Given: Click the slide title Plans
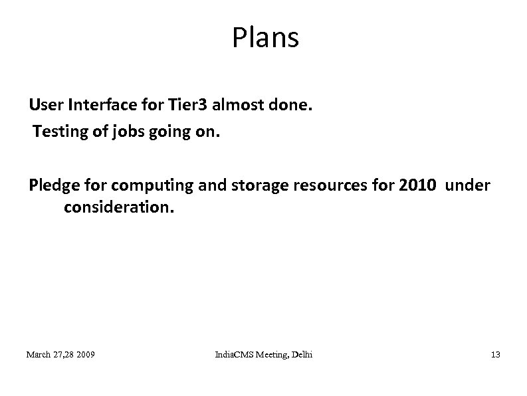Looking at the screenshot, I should click(x=265, y=39).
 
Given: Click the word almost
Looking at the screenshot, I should click(x=231, y=106).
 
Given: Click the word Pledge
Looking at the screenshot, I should click(x=52, y=185).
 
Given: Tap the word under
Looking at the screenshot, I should click(x=468, y=185).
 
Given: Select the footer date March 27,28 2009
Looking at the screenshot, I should click(x=60, y=355).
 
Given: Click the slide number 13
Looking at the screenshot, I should click(x=495, y=355).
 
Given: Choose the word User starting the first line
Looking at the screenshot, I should click(x=45, y=106).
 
